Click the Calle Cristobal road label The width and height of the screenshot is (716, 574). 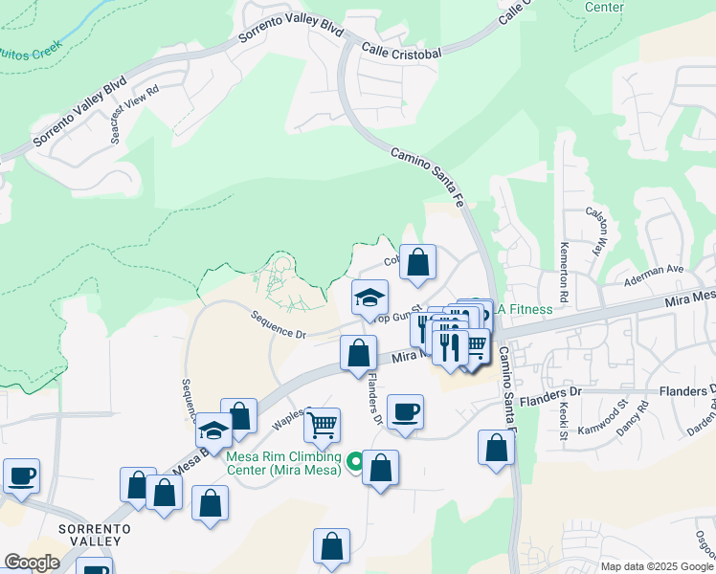[401, 53]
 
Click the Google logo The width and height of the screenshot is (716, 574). [31, 563]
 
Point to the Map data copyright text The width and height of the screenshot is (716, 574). [656, 566]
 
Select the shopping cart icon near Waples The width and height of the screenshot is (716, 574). [323, 422]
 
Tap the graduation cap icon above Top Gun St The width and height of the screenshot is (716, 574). [369, 297]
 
